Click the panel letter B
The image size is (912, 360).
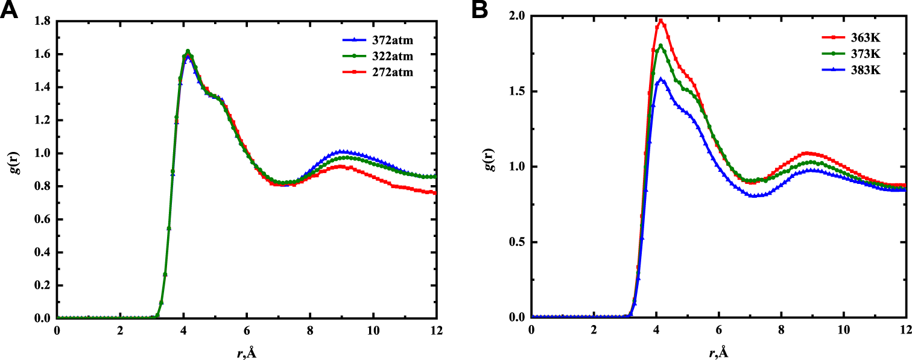click(x=481, y=10)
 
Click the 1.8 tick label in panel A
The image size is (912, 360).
click(x=42, y=22)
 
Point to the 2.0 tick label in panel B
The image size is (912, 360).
click(x=517, y=16)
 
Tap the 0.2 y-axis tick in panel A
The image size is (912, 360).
click(x=42, y=285)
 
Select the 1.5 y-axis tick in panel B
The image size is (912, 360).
click(x=517, y=92)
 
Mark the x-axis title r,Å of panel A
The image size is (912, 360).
click(x=246, y=352)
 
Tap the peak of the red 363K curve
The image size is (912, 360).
click(x=661, y=21)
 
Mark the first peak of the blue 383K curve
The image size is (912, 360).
click(x=661, y=78)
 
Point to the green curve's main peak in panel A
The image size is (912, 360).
click(x=188, y=51)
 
